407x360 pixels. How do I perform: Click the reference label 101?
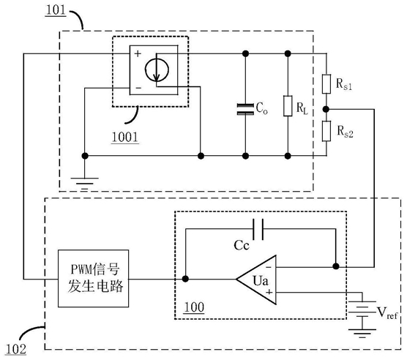click(x=56, y=10)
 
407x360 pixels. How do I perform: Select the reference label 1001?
click(x=125, y=137)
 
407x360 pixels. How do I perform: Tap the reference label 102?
click(x=16, y=349)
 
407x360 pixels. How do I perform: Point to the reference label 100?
click(x=194, y=307)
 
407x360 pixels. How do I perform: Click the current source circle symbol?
click(x=157, y=70)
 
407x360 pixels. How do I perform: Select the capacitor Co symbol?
click(x=245, y=109)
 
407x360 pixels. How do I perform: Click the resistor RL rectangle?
click(x=288, y=106)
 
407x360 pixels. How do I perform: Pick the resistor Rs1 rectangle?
click(x=326, y=84)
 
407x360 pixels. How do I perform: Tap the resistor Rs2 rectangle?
click(x=326, y=131)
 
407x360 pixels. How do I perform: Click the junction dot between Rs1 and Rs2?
click(x=326, y=110)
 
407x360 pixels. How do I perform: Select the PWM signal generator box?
click(x=93, y=279)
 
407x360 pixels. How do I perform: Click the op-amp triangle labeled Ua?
click(x=256, y=280)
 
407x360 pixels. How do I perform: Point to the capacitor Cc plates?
click(x=258, y=229)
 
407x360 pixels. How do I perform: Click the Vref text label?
click(x=387, y=312)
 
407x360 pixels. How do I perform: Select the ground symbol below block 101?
click(x=85, y=184)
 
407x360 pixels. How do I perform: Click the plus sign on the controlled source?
click(x=138, y=53)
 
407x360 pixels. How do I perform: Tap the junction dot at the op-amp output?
click(x=185, y=279)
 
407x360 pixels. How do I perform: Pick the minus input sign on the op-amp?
click(x=269, y=267)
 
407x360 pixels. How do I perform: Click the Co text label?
click(x=261, y=108)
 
